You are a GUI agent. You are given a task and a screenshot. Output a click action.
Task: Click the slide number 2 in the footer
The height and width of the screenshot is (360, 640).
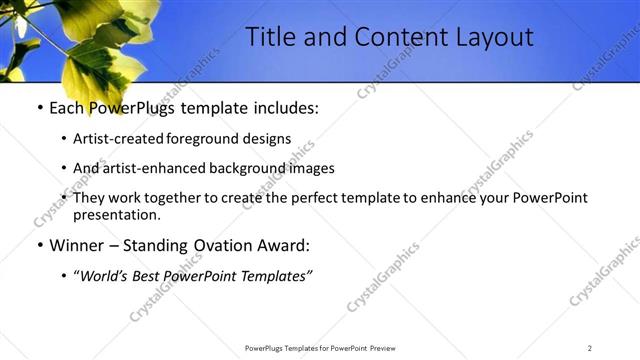(x=590, y=348)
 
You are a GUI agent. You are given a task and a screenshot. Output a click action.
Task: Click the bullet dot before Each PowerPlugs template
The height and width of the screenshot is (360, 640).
(x=39, y=108)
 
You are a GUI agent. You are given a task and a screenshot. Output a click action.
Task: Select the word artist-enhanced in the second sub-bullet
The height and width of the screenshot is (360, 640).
(x=147, y=169)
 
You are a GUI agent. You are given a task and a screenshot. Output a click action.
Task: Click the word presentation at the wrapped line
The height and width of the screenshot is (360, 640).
(x=116, y=214)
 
